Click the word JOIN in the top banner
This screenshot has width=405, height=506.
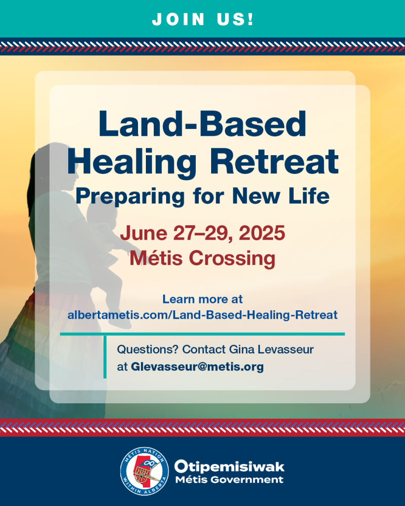(x=179, y=19)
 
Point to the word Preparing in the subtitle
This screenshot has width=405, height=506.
(x=130, y=197)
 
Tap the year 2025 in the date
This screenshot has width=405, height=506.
(x=262, y=233)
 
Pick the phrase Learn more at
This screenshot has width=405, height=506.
(x=203, y=299)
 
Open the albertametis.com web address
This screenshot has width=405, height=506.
(x=203, y=315)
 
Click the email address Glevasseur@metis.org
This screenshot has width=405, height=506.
(x=197, y=367)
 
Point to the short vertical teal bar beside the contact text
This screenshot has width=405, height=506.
(x=105, y=357)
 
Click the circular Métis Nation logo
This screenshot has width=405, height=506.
(x=144, y=471)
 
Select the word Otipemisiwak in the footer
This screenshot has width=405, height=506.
(x=229, y=466)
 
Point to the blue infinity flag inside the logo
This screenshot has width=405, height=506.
(x=148, y=464)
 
